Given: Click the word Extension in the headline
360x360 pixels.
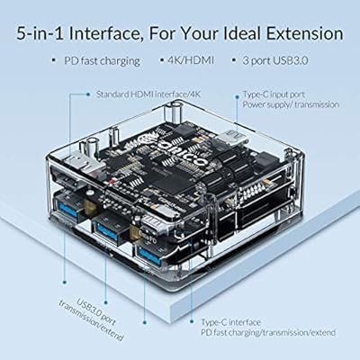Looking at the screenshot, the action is (x=304, y=33).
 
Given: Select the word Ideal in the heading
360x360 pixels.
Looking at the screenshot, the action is (x=242, y=33).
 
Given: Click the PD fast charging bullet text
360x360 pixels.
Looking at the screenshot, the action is (x=102, y=61).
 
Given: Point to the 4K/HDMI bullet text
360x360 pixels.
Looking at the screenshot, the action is (x=191, y=60).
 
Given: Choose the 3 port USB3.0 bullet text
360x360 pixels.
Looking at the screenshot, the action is (x=275, y=60).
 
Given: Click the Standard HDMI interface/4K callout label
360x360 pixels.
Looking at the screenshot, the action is (x=148, y=94).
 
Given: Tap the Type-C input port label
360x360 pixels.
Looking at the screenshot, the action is (x=274, y=94).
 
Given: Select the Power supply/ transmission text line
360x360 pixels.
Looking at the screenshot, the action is (x=291, y=104).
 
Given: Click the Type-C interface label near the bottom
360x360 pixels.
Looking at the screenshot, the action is (x=231, y=322).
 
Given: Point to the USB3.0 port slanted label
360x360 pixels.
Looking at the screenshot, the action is (x=96, y=311).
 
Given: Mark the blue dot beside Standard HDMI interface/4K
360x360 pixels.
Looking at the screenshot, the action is (x=88, y=94).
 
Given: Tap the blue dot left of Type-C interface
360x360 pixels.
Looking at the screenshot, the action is (x=192, y=321).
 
